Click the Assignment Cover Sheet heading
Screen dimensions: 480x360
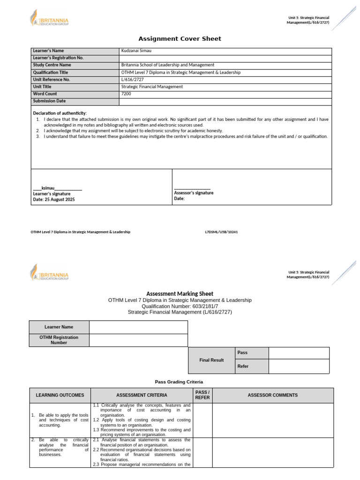(x=180, y=38)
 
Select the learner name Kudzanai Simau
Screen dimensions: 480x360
(x=136, y=51)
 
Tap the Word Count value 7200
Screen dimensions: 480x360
(x=126, y=94)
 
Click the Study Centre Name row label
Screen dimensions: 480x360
(x=52, y=65)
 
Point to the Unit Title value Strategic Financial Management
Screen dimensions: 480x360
(x=152, y=87)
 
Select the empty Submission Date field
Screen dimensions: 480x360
(x=225, y=101)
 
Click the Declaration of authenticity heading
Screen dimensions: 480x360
(x=60, y=113)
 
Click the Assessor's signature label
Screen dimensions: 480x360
(x=194, y=193)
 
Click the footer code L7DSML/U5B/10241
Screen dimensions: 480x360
(x=221, y=232)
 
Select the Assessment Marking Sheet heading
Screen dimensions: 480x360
(x=180, y=293)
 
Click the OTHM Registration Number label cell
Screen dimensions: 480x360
(x=59, y=340)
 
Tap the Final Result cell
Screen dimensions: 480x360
(x=211, y=360)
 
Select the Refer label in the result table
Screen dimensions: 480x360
(x=243, y=367)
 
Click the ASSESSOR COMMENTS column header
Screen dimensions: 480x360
(x=273, y=395)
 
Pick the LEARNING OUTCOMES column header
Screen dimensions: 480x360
(x=60, y=395)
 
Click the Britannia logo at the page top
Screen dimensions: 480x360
(x=49, y=20)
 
